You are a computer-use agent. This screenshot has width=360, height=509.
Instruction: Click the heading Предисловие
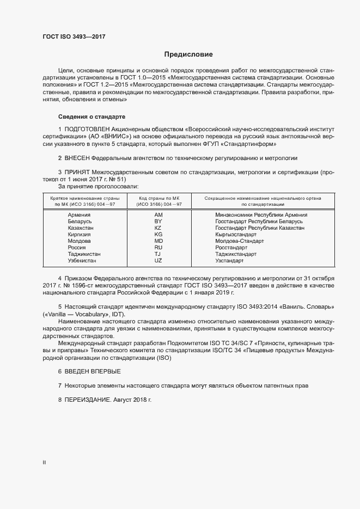tap(188, 54)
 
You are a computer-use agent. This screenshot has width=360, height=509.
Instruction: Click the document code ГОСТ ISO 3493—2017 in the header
tap(74, 36)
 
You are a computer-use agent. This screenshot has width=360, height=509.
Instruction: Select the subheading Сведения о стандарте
tap(91, 116)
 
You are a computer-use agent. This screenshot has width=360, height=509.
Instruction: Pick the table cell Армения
tap(79, 215)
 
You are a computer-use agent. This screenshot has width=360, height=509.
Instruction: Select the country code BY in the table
tap(158, 222)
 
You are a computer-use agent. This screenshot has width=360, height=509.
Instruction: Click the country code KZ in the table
tap(158, 228)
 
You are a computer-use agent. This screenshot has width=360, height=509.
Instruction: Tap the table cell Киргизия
tap(80, 235)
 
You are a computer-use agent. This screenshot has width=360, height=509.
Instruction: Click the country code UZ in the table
tap(158, 261)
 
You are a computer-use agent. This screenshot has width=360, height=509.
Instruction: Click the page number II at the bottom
tap(44, 463)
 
